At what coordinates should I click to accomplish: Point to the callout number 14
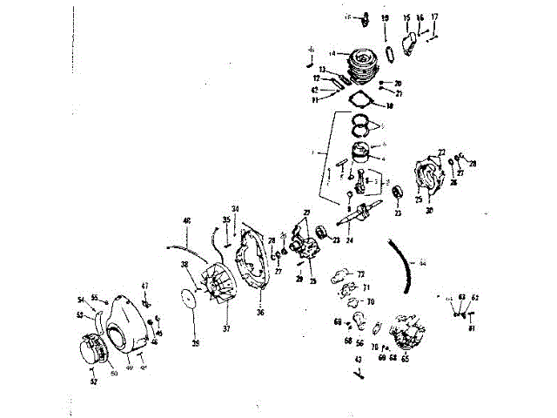[x=332, y=52]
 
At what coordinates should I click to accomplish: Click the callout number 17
[x=435, y=17]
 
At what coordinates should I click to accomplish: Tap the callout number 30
[x=429, y=210]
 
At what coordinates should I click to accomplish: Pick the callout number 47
[x=146, y=286]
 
